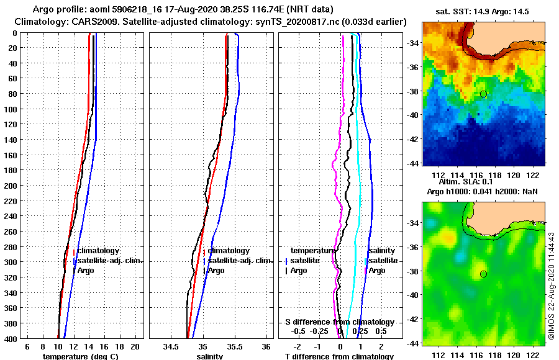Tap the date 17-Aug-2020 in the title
coord(211,10)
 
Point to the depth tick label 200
coord(11,185)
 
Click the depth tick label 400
coord(11,338)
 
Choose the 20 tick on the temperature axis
coord(135,346)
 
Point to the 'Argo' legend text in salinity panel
coord(216,271)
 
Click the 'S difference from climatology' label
coord(339,322)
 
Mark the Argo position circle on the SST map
coord(483,94)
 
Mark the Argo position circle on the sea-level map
coord(483,274)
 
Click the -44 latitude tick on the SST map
coord(411,163)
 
